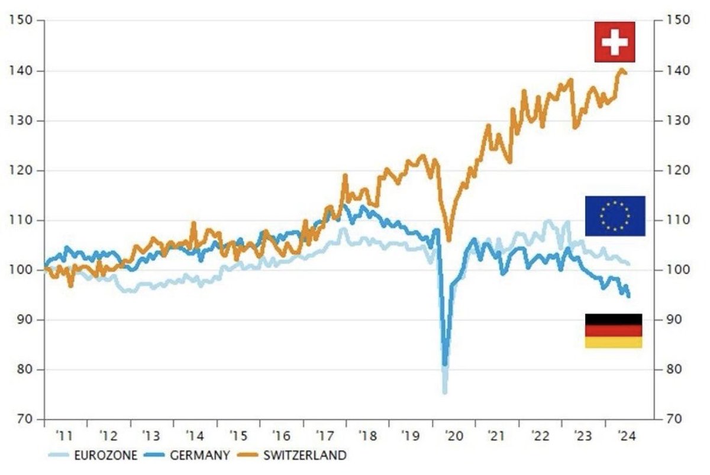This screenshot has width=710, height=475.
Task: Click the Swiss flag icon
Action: (614, 42)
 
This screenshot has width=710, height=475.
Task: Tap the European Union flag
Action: (615, 216)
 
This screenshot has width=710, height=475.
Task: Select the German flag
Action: (613, 331)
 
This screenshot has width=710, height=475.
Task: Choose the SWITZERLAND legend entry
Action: (302, 455)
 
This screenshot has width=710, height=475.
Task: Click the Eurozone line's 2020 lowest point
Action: (444, 391)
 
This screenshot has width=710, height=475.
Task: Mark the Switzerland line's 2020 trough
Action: (448, 240)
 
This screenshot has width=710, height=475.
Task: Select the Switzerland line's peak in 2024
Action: (621, 70)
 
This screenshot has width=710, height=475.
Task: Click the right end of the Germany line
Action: (628, 296)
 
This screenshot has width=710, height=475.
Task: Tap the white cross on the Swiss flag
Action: (614, 42)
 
